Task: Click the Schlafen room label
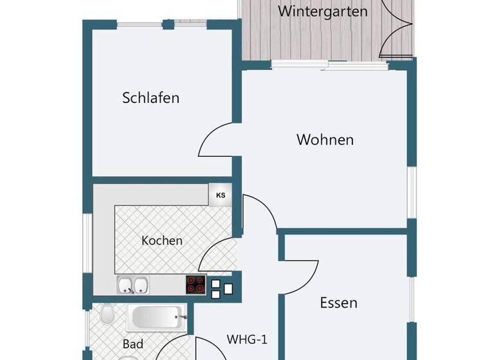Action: [151, 98]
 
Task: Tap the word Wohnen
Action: [325, 139]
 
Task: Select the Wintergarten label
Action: [323, 12]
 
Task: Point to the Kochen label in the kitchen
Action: [162, 241]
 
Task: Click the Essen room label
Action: [338, 303]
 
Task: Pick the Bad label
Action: [133, 344]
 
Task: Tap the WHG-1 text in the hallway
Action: [247, 339]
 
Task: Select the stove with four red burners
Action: [196, 284]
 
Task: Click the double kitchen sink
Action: [134, 285]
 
